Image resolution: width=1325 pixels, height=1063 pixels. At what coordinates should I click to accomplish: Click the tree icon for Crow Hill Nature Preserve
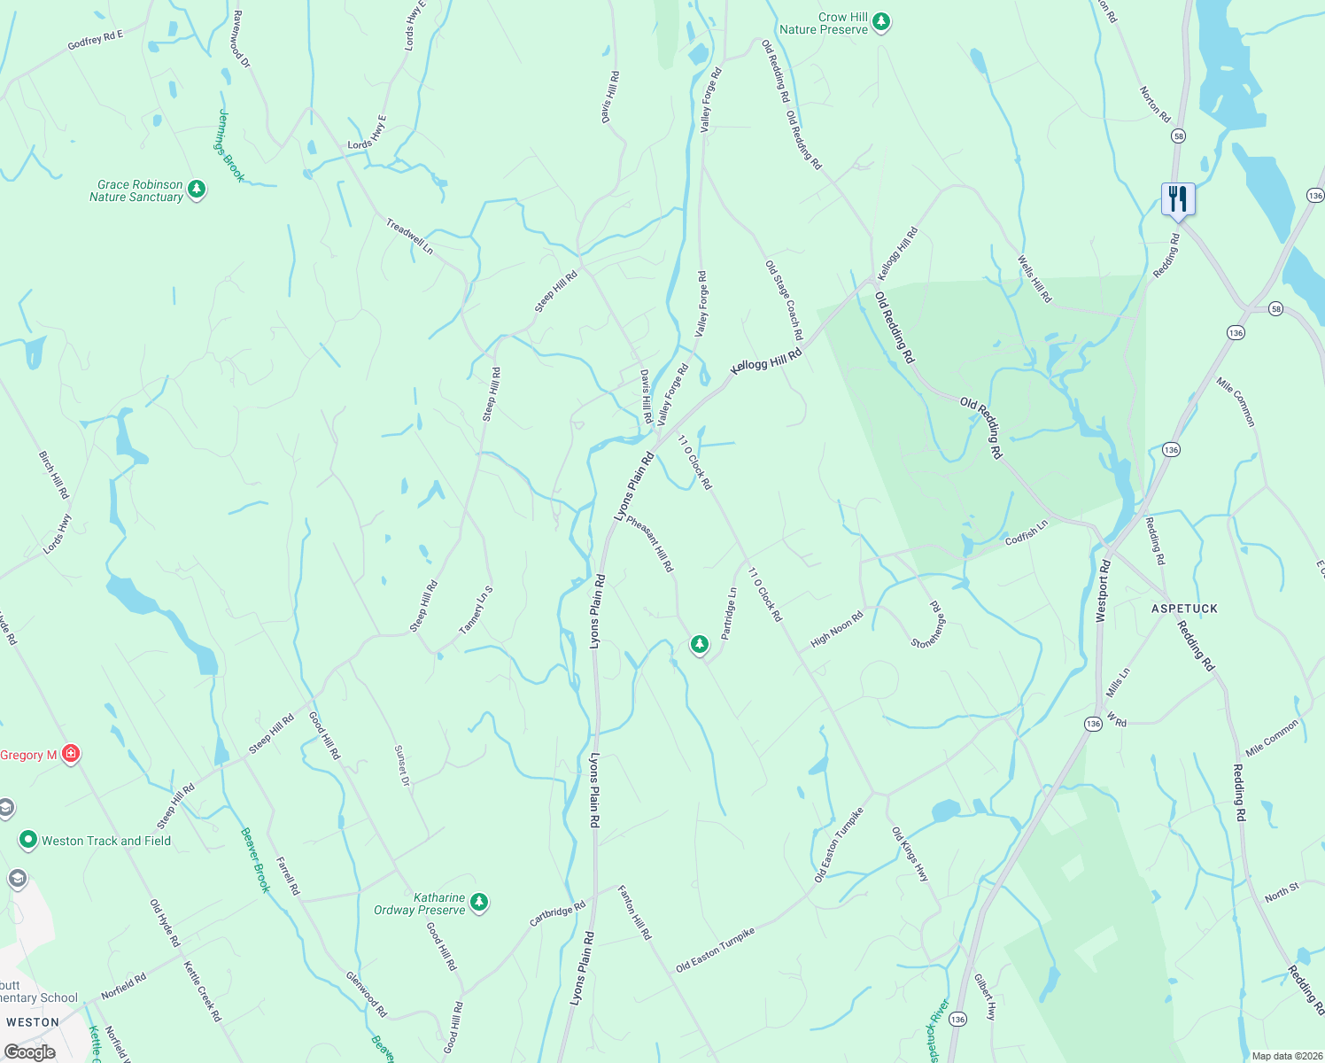coord(880,22)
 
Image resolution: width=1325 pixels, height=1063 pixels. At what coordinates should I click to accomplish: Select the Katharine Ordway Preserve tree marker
coord(479,903)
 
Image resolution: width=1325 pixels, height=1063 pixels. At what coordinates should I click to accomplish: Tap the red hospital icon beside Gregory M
coord(71,755)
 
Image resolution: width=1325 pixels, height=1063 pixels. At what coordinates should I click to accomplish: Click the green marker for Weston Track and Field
coord(28,840)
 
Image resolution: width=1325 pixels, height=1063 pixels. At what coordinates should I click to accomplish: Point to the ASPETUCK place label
coord(1184,609)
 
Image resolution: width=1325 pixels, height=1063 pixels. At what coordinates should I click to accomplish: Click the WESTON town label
coord(33,1022)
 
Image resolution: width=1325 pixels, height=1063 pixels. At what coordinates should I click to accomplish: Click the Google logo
coord(29,1052)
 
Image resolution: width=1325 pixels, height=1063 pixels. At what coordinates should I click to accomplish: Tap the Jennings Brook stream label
coord(230,145)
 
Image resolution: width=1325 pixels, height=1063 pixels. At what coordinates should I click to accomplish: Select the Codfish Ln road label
coord(1027,532)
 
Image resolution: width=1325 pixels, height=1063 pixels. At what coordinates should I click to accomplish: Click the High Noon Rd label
coord(836,630)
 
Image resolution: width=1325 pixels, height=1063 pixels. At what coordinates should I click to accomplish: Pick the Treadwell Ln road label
coord(409,237)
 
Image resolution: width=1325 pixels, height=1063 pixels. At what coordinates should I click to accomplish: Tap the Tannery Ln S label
coord(476,610)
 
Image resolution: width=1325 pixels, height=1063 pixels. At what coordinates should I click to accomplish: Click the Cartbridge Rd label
coord(557,914)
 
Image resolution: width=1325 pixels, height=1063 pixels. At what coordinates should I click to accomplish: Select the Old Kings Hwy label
coord(910,855)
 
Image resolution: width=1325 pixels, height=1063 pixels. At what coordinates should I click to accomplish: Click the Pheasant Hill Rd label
coord(650,544)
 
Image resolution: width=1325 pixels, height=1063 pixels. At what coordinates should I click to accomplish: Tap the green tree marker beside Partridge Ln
coord(700,644)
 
